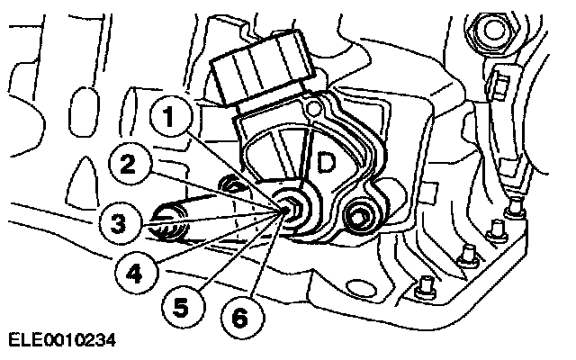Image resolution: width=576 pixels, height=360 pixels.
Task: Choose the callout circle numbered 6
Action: pos(242,318)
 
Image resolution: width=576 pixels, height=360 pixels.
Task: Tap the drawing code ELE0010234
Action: pos(62,340)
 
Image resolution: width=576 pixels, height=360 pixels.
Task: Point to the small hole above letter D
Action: pos(313,108)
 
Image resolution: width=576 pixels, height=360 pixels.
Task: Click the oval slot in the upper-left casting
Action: pos(84,112)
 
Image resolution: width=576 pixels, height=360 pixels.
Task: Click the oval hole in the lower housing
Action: pos(361,288)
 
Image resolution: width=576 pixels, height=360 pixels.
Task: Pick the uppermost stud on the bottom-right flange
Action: pos(516,208)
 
